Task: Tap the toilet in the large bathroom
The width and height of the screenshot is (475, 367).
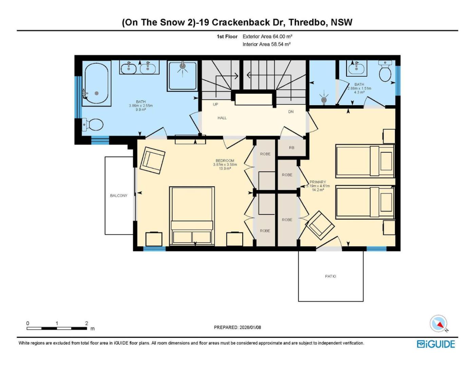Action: [x=93, y=125]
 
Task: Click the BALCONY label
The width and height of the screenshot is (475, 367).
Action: [x=118, y=195]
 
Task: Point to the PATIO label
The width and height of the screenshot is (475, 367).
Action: [x=330, y=276]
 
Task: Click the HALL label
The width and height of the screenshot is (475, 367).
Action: [x=222, y=118]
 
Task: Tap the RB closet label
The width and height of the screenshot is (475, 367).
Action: [x=291, y=148]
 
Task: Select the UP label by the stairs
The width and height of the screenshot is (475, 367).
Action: [x=215, y=104]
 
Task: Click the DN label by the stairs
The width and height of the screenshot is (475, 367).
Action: [x=291, y=112]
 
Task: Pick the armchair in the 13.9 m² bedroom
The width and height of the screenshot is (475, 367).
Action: [x=152, y=160]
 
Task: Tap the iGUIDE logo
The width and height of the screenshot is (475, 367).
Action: [x=436, y=344]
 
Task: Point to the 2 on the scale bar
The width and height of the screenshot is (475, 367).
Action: [x=87, y=323]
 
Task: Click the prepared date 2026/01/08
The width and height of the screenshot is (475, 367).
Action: [x=250, y=327]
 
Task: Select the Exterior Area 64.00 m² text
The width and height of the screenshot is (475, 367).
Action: [x=267, y=37]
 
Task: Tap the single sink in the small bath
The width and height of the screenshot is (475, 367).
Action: [x=356, y=68]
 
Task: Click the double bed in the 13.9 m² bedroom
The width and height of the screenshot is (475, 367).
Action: [x=192, y=216]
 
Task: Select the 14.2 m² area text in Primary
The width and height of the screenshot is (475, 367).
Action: [x=318, y=190]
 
